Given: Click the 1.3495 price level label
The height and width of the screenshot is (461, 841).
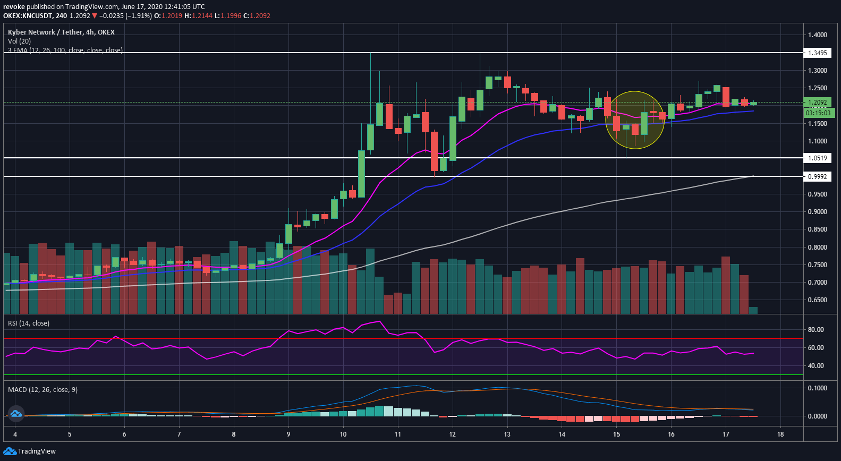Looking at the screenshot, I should (x=817, y=53).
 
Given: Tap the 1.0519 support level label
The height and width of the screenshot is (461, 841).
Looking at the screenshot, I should (x=817, y=158).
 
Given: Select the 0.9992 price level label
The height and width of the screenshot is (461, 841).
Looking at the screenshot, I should (x=817, y=176).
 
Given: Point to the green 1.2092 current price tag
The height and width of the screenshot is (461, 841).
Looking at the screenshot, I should (x=817, y=103).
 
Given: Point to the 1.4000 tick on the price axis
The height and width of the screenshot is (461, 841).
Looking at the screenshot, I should (x=817, y=35).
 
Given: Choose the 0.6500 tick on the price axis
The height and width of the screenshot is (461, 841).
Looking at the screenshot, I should (x=817, y=300).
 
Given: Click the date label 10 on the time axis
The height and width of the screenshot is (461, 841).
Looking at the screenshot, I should (x=343, y=434).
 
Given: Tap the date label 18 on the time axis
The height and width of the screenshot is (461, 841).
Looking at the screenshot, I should (x=780, y=434).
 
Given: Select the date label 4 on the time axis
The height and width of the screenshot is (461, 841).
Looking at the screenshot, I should (x=15, y=434).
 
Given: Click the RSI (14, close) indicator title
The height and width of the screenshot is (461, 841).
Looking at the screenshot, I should (x=29, y=323).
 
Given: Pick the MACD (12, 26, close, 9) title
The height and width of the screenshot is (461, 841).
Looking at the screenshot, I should (x=43, y=389).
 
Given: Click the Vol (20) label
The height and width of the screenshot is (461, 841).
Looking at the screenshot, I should (x=19, y=41).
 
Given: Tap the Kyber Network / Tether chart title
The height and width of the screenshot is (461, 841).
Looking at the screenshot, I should (x=61, y=32).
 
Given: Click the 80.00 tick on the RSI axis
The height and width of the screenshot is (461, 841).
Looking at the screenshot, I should (x=815, y=330).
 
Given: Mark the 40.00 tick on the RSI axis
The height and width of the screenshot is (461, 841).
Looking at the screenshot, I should (x=815, y=366).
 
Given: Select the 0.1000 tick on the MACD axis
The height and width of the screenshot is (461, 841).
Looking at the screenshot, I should (x=817, y=388).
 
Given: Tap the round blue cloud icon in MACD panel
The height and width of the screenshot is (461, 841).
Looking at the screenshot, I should (x=15, y=413).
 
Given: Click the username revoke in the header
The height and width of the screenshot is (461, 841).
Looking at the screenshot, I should (x=14, y=6).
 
